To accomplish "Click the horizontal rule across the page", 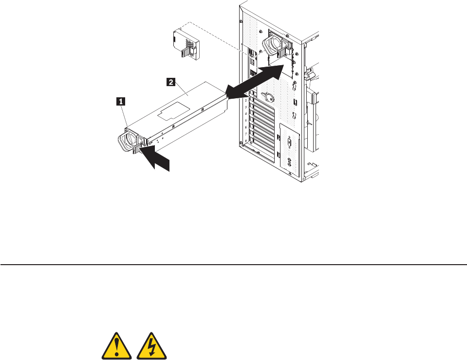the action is click(x=233, y=265).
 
